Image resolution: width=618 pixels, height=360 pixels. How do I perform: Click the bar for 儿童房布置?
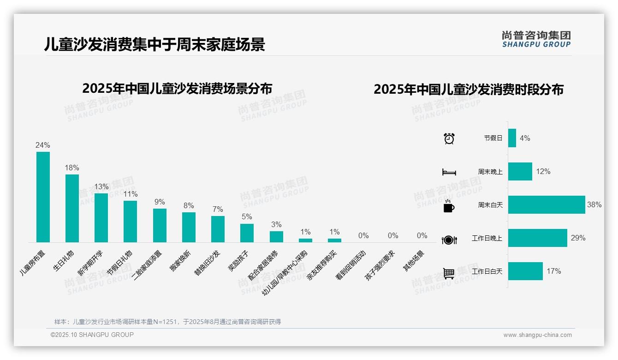43,197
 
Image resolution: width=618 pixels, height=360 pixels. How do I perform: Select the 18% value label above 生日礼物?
72,168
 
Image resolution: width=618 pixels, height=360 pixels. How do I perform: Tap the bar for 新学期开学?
101,218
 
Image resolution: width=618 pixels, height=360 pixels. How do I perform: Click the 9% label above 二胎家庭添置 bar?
160,202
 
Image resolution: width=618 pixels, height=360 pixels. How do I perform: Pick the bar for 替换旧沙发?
218,229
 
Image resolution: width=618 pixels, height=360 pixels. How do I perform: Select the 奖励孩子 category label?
238,261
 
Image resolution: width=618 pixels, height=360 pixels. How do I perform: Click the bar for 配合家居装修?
276,236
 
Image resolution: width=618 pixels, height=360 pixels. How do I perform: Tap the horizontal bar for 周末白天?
547,205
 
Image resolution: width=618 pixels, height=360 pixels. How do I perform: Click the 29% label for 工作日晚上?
578,238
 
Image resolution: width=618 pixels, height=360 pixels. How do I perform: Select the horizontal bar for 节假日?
512,138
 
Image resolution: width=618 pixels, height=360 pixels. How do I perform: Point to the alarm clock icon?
449,138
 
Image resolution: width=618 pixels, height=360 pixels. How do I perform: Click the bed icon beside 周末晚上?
449,172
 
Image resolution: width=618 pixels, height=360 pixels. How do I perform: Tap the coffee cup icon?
449,206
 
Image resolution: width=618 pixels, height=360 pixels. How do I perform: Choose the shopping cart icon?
449,273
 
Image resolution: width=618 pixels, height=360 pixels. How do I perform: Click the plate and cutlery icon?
449,240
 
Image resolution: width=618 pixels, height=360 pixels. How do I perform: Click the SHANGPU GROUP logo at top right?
536,39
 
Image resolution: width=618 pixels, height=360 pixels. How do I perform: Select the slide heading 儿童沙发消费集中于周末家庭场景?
154,44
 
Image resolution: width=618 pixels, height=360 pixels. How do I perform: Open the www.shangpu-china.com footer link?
537,335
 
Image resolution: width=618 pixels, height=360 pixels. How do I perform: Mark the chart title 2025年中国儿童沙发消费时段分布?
468,90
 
